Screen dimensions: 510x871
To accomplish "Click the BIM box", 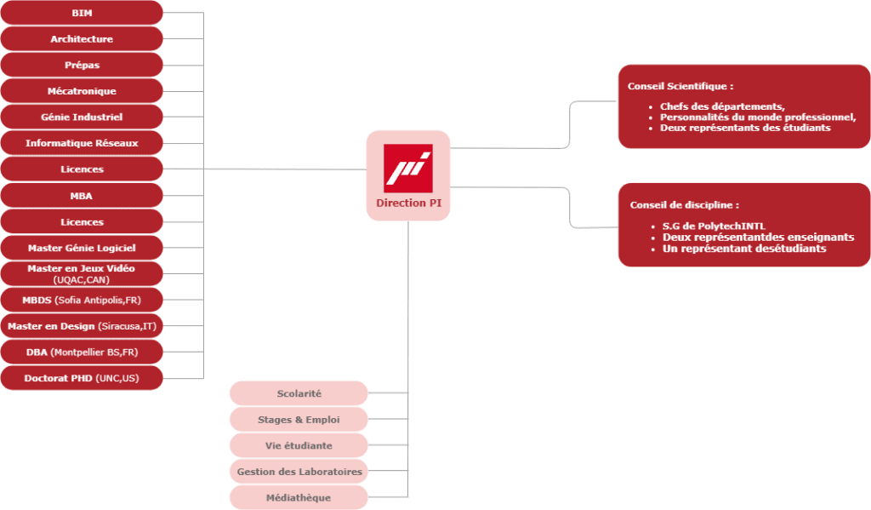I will pyautogui.click(x=82, y=13).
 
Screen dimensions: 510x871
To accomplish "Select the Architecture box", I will pyautogui.click(x=82, y=39).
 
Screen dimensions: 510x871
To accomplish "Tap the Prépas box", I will pyautogui.click(x=82, y=65).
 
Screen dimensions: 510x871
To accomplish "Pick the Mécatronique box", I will pyautogui.click(x=82, y=91).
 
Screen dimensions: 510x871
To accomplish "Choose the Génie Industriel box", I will pyautogui.click(x=82, y=117).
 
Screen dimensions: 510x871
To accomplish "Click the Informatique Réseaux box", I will pyautogui.click(x=82, y=143).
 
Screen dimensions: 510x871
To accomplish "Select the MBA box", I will pyautogui.click(x=82, y=196).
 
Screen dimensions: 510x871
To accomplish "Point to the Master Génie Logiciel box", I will pyautogui.click(x=82, y=248).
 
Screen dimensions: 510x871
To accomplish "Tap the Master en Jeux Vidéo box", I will pyautogui.click(x=82, y=273).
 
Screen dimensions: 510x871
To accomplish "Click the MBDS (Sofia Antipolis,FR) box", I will pyautogui.click(x=82, y=300).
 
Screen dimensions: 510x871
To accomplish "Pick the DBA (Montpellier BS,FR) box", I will pyautogui.click(x=82, y=352).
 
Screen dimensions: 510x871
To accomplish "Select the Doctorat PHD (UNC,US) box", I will pyautogui.click(x=82, y=378).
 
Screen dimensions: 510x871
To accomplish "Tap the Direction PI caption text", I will pyautogui.click(x=408, y=203).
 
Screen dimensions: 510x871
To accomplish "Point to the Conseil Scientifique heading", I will pyautogui.click(x=680, y=86).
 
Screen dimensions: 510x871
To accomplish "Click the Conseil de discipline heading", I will pyautogui.click(x=685, y=205).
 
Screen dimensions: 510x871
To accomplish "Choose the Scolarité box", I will pyautogui.click(x=299, y=393).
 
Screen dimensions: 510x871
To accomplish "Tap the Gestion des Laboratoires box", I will pyautogui.click(x=299, y=472).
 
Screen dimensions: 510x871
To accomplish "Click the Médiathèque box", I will pyautogui.click(x=299, y=497).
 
